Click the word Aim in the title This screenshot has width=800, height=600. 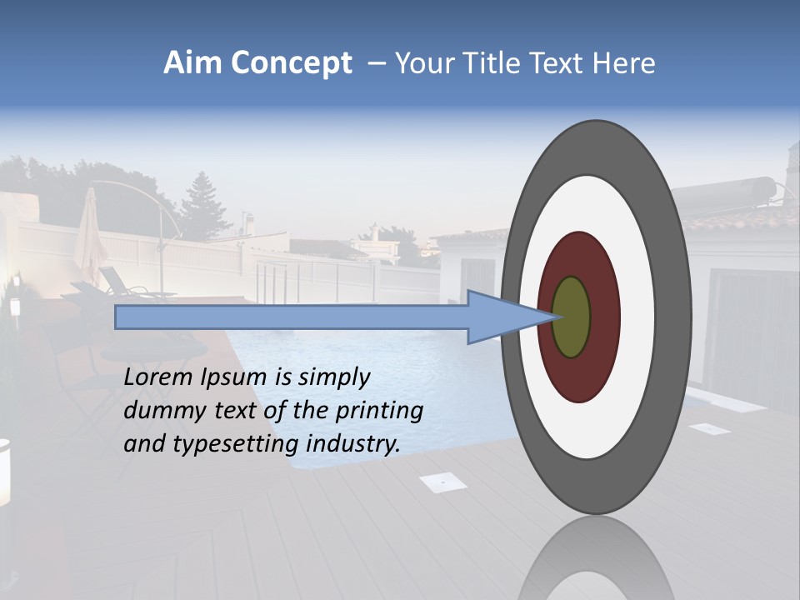(x=192, y=63)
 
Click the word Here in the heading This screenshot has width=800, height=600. (x=625, y=63)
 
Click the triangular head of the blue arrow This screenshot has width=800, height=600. (x=500, y=317)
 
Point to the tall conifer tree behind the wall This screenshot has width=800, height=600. (x=200, y=204)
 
